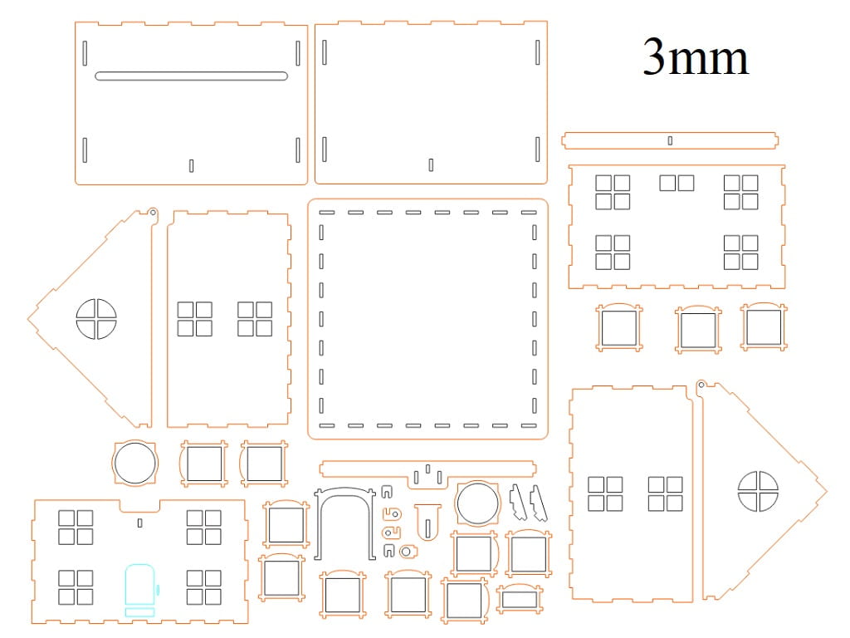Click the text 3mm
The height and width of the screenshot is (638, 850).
click(696, 57)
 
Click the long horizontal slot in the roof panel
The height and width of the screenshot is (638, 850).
click(192, 76)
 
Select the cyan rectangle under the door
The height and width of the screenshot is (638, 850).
click(139, 612)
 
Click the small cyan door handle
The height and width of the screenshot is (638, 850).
click(159, 589)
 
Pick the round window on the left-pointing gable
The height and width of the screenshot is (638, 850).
click(96, 319)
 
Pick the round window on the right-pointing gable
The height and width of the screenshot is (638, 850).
click(758, 491)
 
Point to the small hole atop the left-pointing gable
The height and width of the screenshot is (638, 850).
click(153, 213)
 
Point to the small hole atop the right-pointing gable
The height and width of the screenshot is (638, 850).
click(701, 385)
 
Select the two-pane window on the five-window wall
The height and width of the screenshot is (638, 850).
click(677, 183)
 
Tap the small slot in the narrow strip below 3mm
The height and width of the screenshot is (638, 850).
click(670, 140)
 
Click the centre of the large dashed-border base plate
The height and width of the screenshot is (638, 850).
click(427, 319)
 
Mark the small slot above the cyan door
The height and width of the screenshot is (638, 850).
click(139, 523)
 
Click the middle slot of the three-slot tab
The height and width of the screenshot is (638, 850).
click(427, 469)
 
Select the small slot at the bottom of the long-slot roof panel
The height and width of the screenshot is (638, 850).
click(192, 166)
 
